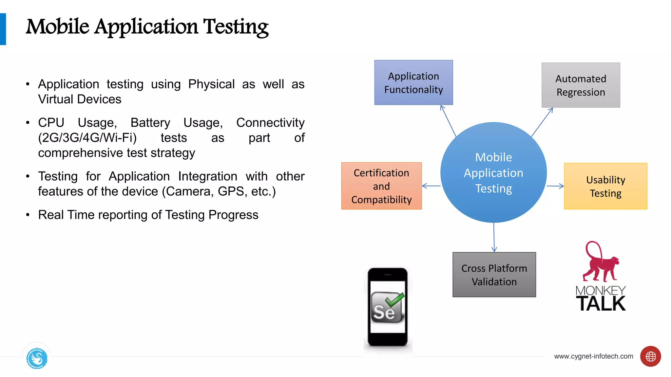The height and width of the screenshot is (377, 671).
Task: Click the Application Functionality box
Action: [413, 82]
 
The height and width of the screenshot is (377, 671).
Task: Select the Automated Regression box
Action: [581, 85]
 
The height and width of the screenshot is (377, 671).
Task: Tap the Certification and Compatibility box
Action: [381, 186]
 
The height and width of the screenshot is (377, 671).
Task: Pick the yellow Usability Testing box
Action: [605, 186]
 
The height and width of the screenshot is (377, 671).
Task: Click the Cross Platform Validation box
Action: [494, 275]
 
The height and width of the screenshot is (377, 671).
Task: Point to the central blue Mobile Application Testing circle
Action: [493, 172]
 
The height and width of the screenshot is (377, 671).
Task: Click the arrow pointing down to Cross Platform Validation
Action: [494, 237]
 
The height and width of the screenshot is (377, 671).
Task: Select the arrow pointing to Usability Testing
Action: [556, 186]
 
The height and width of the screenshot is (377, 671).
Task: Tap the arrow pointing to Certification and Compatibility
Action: [431, 186]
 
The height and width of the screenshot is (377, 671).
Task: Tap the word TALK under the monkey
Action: [601, 304]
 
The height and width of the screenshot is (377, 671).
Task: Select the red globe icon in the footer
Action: [650, 356]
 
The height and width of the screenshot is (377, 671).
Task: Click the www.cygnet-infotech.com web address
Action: [593, 356]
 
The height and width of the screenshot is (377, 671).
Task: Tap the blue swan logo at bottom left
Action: [37, 358]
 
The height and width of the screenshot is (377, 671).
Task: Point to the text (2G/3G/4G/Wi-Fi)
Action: [87, 138]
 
